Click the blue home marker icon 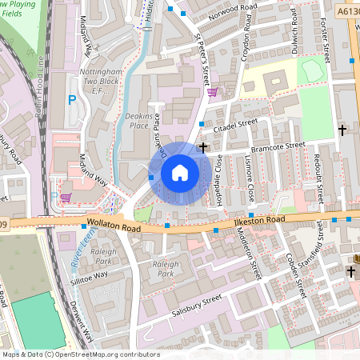[180, 173]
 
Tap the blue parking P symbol [72, 100]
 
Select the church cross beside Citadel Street [203, 147]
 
